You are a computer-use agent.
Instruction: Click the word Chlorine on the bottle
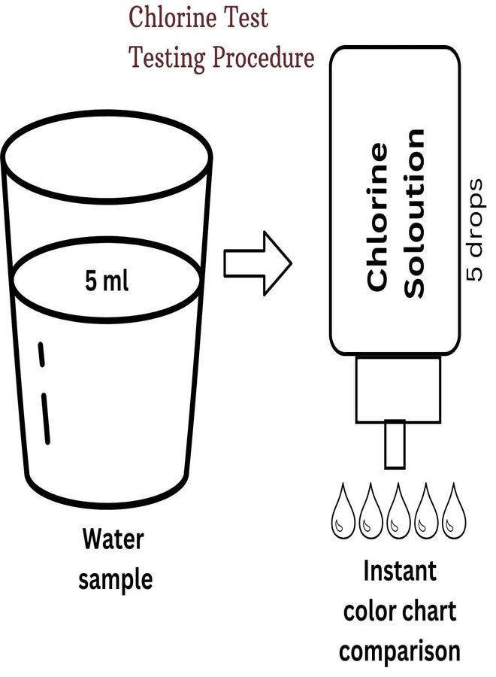tap(377, 215)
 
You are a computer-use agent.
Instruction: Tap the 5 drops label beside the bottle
tap(474, 230)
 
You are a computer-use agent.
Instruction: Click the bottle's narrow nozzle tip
tap(395, 445)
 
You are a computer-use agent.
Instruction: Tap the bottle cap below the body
tap(397, 388)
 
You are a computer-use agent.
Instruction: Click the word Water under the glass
tap(113, 539)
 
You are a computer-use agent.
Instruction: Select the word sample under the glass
tap(116, 579)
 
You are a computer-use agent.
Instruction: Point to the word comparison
tap(399, 650)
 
